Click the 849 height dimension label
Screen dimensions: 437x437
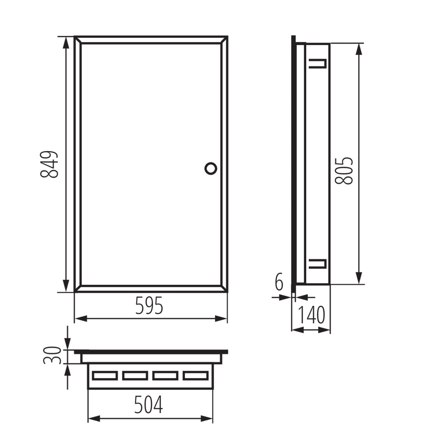[49, 164]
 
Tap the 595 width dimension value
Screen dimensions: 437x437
[149, 305]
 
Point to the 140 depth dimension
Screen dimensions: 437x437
[311, 315]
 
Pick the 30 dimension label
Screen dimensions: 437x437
[51, 355]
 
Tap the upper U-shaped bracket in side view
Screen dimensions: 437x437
[318, 63]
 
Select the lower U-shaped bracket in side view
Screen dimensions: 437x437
[318, 263]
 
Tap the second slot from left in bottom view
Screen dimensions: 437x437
[135, 375]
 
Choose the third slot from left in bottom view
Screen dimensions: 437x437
[165, 375]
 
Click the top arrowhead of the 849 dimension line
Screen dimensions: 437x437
[66, 41]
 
